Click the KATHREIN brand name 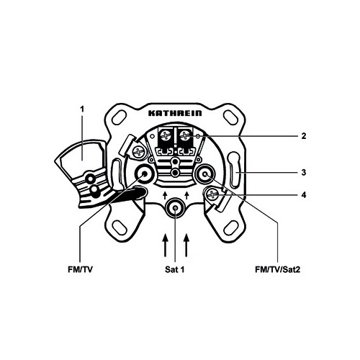pos(175,113)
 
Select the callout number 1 pos(82,109)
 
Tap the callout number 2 pos(304,136)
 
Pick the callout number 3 pos(304,172)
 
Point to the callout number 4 pos(304,195)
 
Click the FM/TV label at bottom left pos(80,269)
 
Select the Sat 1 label pos(174,269)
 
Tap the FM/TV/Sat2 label pos(277,269)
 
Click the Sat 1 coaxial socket pos(176,208)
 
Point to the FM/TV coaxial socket pos(145,174)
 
